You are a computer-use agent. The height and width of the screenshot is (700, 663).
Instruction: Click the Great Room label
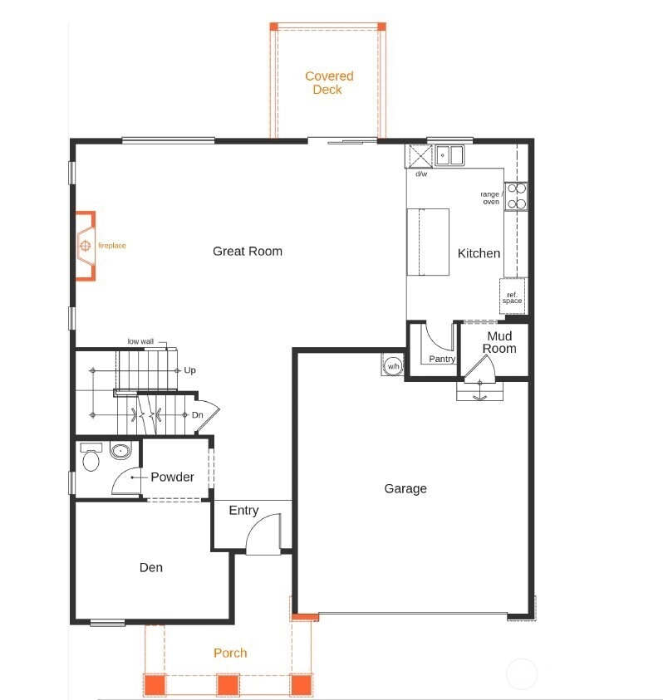point(248,252)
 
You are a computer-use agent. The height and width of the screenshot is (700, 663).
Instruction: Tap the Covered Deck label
point(329,82)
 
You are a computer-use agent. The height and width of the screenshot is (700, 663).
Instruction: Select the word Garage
point(405,489)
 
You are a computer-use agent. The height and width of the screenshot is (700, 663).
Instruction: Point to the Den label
point(151,567)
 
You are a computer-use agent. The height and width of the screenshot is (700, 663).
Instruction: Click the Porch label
point(230,653)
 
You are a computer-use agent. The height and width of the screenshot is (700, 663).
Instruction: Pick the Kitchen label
point(479,253)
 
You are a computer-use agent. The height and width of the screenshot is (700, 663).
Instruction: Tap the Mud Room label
point(499,342)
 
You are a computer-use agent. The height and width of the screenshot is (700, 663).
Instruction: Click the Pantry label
point(442,359)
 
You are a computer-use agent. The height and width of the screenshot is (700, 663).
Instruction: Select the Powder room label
point(173,477)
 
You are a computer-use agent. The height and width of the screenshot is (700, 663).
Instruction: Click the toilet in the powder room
point(91,457)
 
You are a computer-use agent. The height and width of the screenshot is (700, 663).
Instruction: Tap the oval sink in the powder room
point(120,452)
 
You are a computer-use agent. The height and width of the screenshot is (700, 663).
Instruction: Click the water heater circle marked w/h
point(393,366)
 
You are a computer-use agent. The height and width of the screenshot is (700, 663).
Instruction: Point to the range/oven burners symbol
point(517,196)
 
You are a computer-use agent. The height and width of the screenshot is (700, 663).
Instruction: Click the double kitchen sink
point(449,155)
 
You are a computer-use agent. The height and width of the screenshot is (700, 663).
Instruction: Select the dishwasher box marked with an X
point(420,156)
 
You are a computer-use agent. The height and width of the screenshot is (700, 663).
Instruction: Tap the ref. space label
point(512,298)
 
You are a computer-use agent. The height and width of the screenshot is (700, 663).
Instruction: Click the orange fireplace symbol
point(86,246)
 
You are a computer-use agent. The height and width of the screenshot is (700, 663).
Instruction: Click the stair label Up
point(189,370)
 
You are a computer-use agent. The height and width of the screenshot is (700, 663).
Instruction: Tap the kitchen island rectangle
point(428,242)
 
